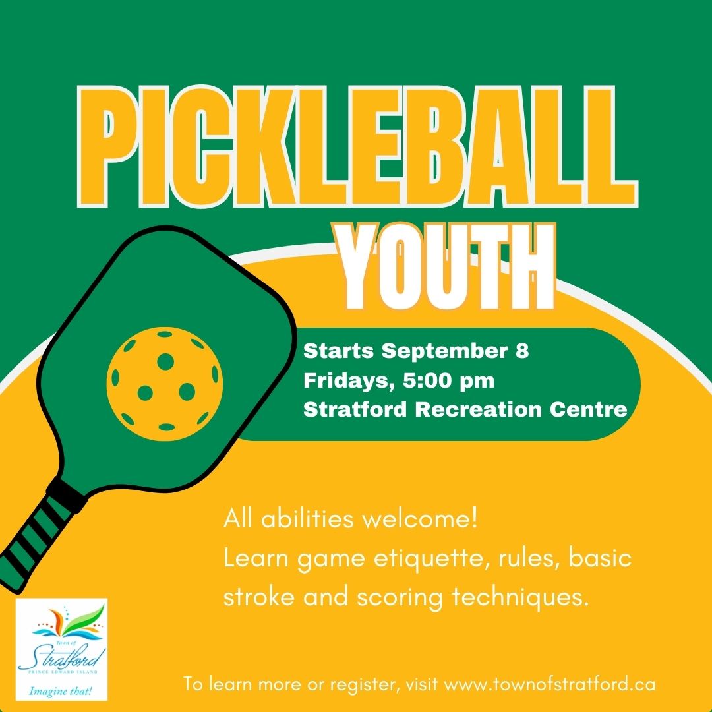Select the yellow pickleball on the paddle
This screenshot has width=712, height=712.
click(x=165, y=383)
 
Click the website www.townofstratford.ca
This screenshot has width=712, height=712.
click(x=550, y=684)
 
